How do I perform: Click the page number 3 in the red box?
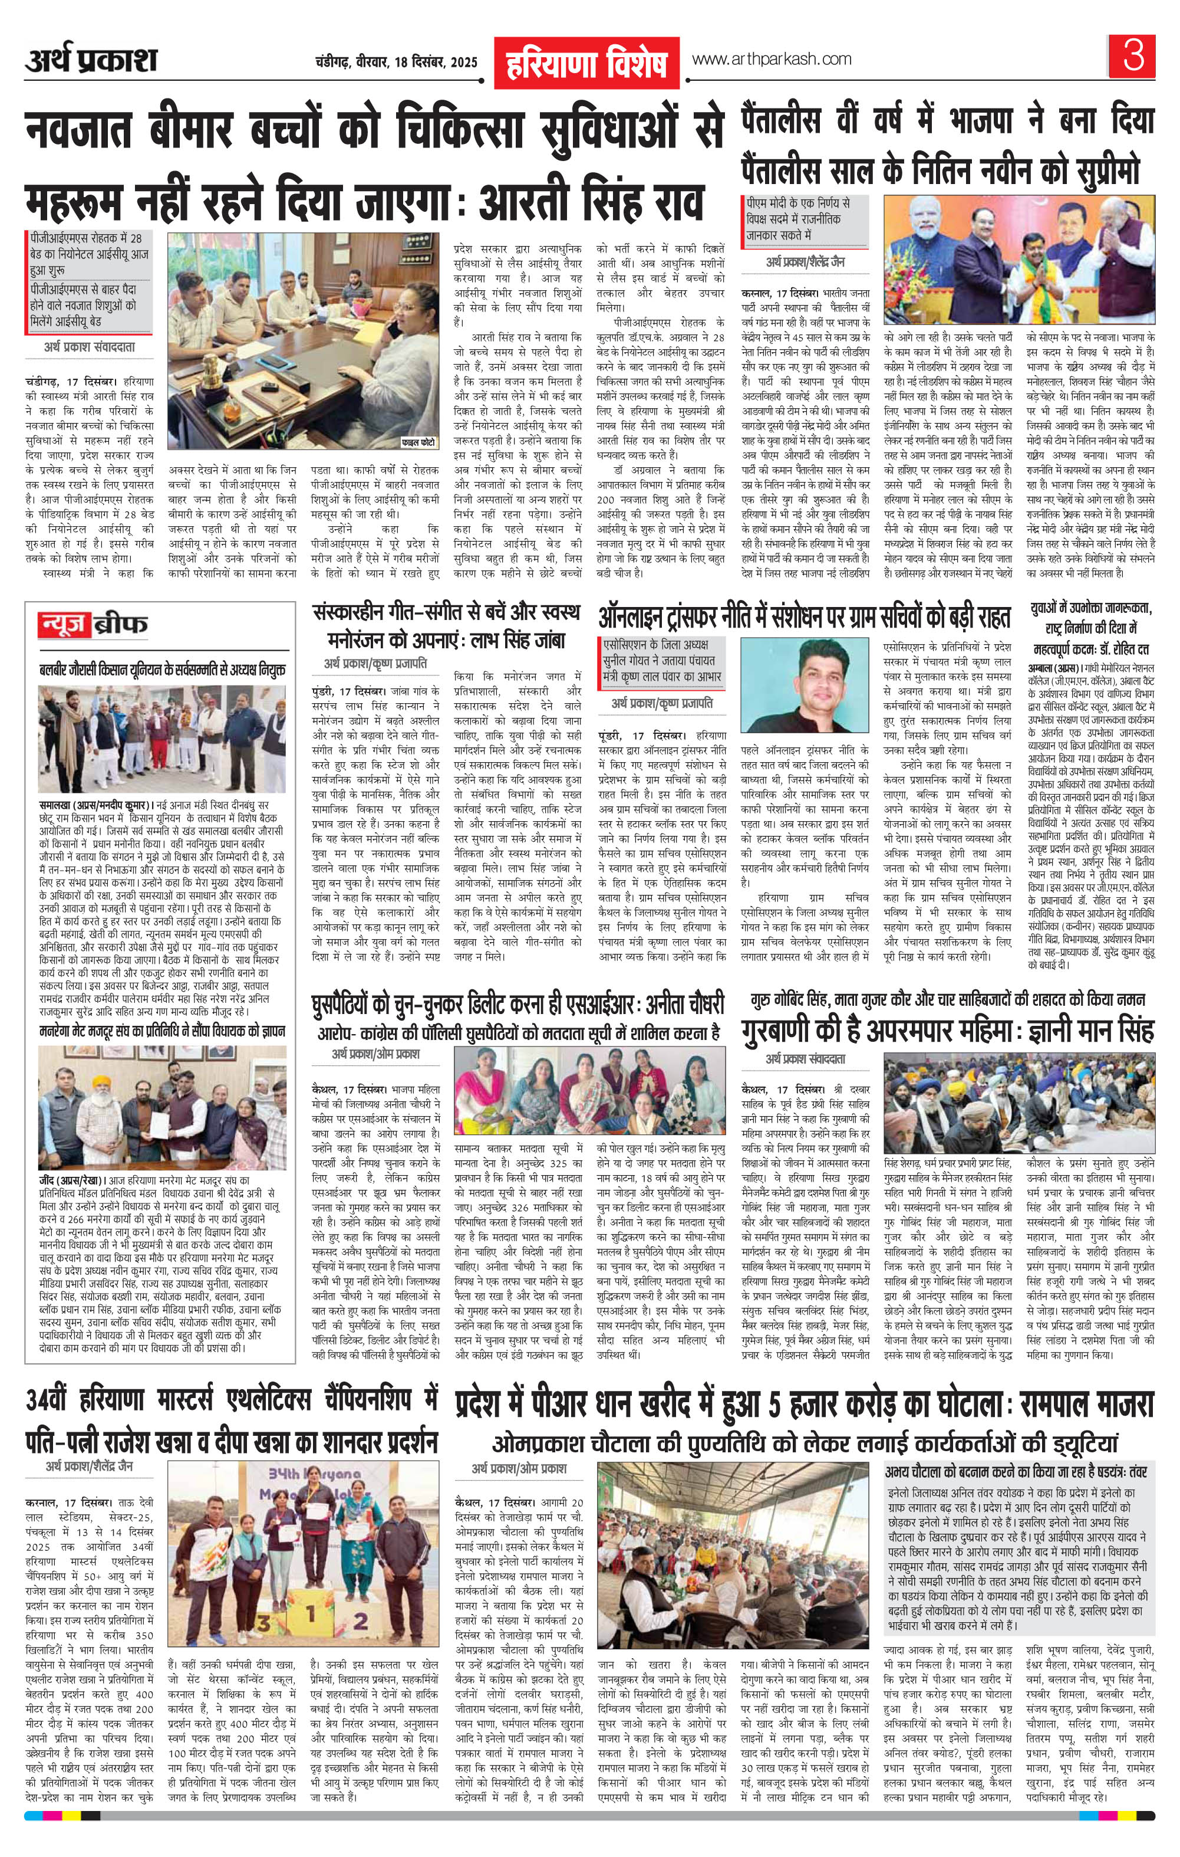(x=1133, y=58)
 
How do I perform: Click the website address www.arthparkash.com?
(x=772, y=60)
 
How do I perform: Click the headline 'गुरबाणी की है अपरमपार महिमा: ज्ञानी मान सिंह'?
(x=947, y=1031)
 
